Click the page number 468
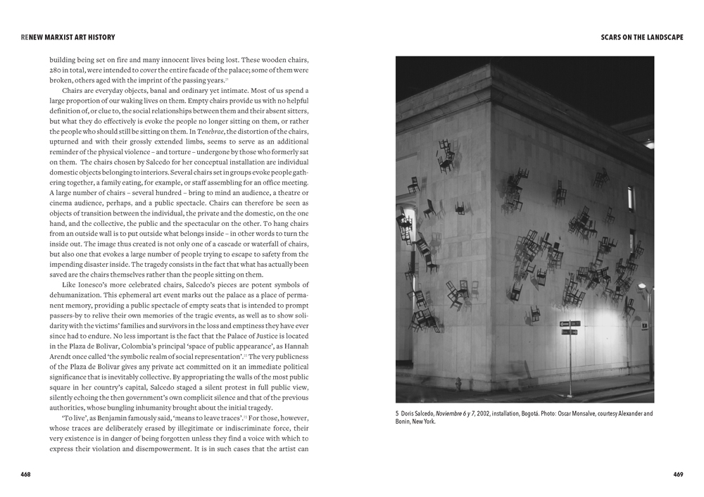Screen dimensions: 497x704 coord(25,474)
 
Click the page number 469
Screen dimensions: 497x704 coord(678,474)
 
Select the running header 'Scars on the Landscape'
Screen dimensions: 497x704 coord(642,37)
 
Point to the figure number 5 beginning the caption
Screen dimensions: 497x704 coord(397,414)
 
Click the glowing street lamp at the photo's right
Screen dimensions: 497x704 coord(641,287)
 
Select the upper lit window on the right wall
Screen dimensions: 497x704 coord(631,198)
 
